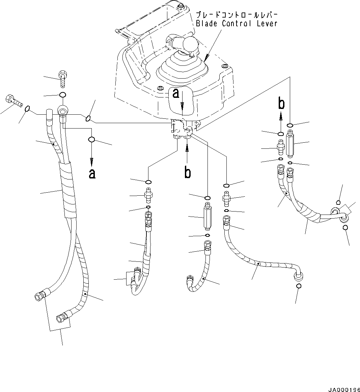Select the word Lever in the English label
(265, 24)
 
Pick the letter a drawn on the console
(176, 93)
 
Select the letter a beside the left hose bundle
(92, 173)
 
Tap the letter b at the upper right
(281, 104)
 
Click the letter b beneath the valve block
(187, 172)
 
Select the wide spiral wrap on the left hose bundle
(68, 189)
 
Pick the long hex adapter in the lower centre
(207, 218)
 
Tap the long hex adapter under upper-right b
(290, 144)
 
